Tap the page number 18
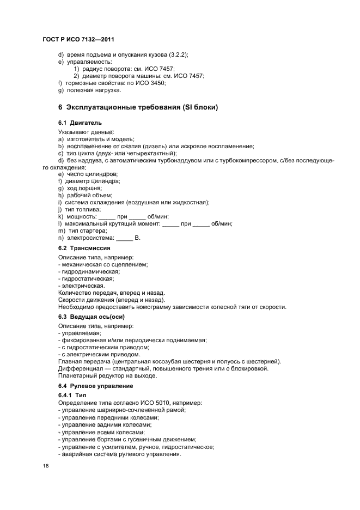[46, 466]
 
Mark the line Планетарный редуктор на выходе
[107, 375]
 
